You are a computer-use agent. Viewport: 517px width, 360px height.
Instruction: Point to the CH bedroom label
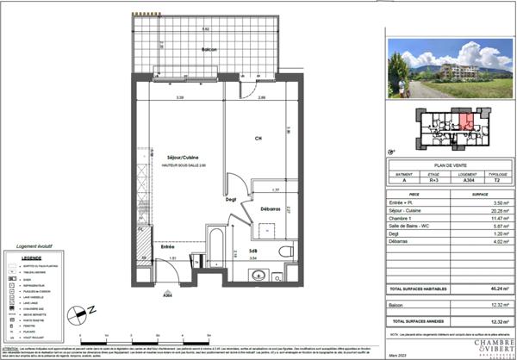tap(258, 140)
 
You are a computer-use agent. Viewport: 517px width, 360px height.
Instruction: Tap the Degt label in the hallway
tap(231, 200)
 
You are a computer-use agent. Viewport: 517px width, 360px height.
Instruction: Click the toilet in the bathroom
tap(287, 249)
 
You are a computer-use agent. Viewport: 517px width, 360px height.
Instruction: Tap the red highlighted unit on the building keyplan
tap(464, 121)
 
